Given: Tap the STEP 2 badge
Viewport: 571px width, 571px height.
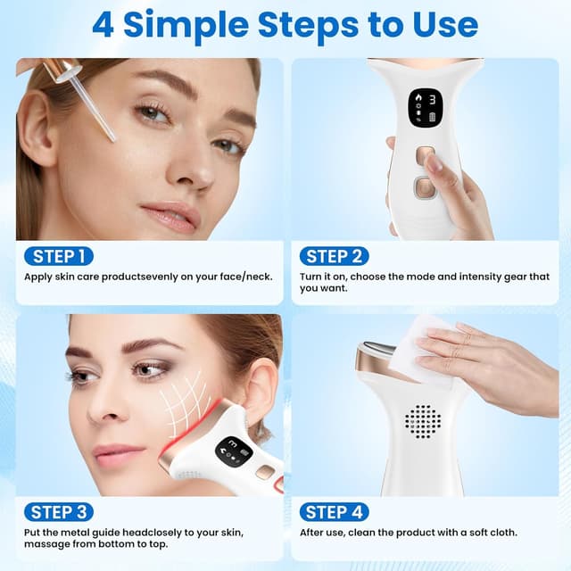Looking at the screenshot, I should pos(333,257).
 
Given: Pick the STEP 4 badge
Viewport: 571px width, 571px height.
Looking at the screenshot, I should pos(333,512).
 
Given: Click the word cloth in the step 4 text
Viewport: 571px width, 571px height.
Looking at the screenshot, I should pos(501,532).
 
